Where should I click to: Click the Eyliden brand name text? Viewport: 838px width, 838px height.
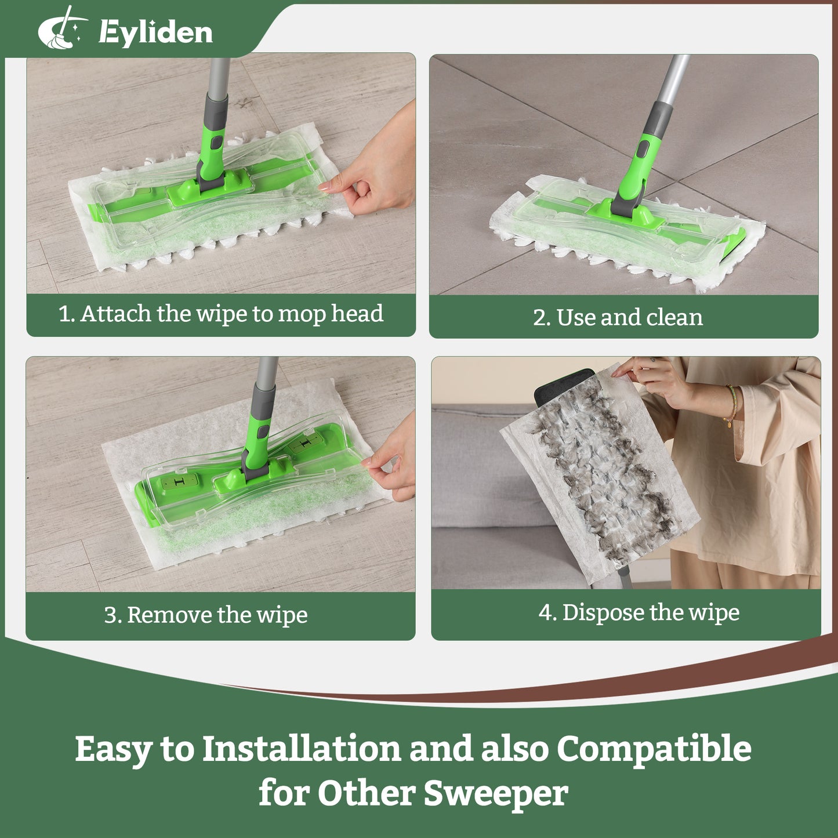(x=155, y=33)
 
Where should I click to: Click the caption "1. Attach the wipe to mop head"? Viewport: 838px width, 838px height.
(x=221, y=314)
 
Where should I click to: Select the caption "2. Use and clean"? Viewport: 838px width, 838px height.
(x=618, y=317)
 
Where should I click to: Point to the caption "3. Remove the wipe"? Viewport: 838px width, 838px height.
(x=206, y=615)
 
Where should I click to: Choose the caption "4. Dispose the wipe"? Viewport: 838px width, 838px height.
(x=639, y=613)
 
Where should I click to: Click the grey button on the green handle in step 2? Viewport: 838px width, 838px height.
(x=643, y=149)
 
